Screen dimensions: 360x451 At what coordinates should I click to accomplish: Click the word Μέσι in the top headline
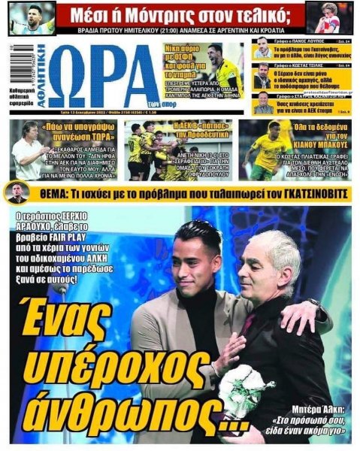click(x=88, y=14)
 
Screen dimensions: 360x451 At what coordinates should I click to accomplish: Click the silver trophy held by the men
click(x=241, y=391)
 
